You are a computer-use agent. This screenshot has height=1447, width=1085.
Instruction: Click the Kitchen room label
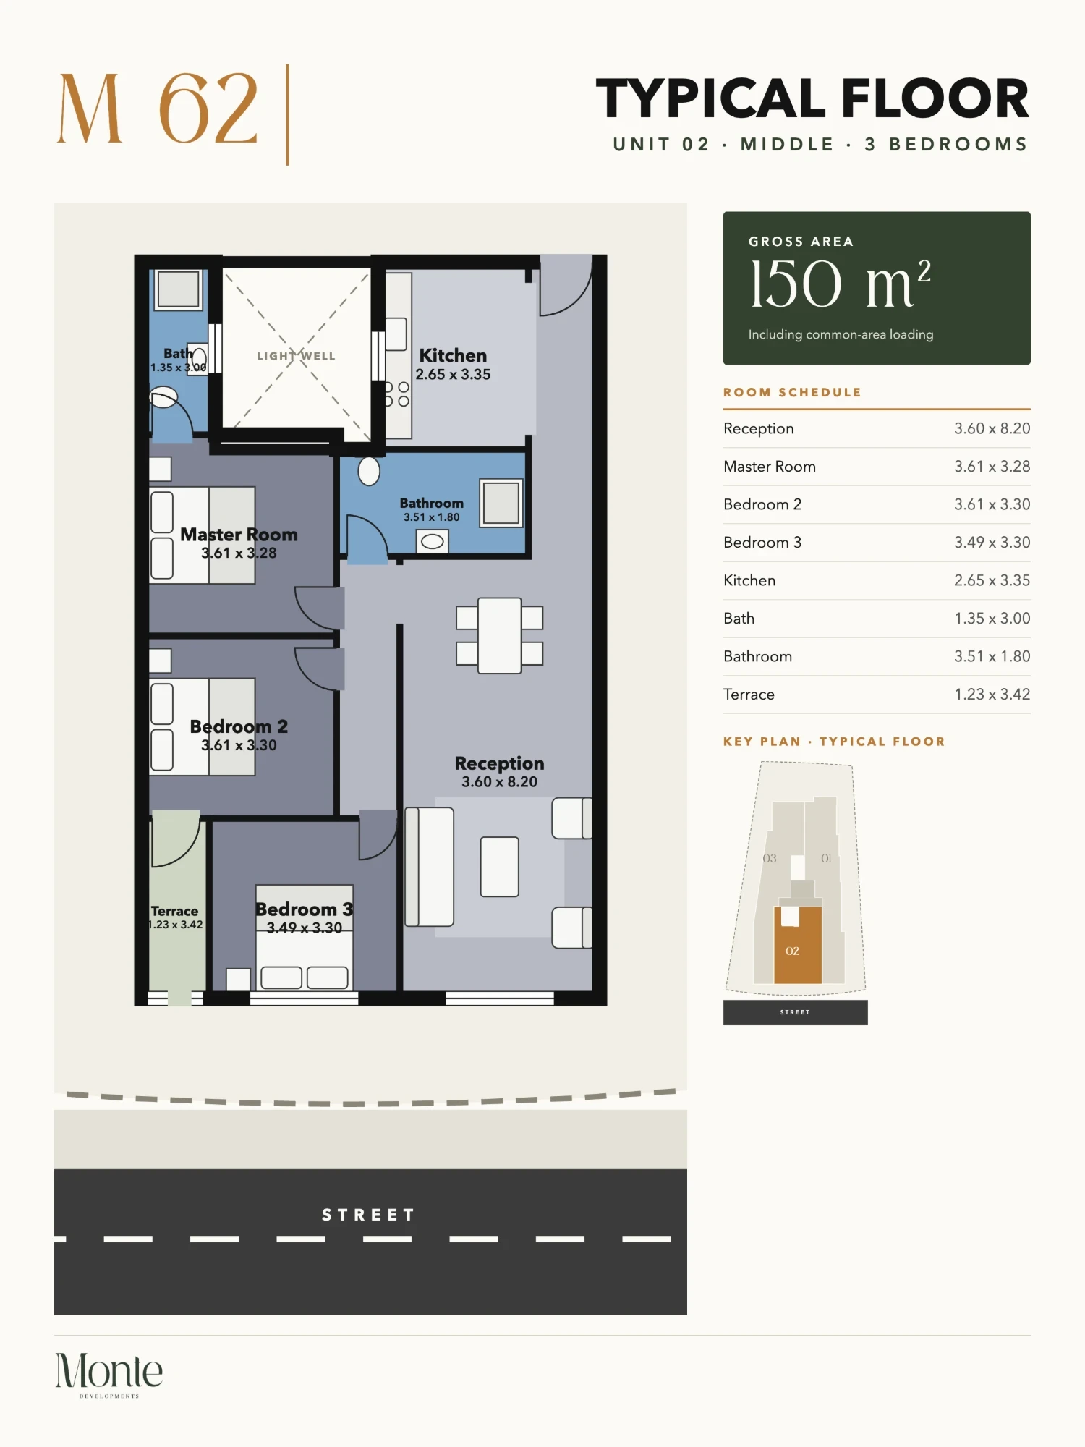453,355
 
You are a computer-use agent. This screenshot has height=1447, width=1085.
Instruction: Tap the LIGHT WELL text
296,356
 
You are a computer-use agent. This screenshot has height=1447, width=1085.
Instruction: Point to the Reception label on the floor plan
499,763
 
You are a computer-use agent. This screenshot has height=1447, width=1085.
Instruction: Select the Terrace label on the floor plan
174,911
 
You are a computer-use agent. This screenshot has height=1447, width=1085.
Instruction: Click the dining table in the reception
499,635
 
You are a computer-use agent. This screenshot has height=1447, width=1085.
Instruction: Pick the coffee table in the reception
499,867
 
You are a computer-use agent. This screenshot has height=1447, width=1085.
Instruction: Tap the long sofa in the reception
429,867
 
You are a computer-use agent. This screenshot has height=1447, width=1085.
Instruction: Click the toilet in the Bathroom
369,471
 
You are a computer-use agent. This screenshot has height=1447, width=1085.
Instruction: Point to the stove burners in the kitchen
396,394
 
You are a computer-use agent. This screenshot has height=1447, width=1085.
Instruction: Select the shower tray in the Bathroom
501,503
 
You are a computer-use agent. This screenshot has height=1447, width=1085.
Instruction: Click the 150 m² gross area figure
840,284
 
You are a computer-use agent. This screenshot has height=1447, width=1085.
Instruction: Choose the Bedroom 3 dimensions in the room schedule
992,542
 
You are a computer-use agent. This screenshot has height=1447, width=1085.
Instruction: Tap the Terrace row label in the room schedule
749,694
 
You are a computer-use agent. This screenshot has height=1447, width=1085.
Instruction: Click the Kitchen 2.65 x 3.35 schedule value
992,580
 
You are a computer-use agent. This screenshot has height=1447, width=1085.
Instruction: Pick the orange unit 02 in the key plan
798,945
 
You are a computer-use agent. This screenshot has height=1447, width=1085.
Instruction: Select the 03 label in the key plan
770,858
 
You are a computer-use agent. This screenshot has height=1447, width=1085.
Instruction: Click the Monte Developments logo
109,1375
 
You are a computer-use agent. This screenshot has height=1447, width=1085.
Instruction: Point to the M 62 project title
158,109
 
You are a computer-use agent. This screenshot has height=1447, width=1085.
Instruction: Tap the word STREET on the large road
368,1215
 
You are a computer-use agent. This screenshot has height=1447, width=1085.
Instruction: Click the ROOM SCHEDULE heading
792,392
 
